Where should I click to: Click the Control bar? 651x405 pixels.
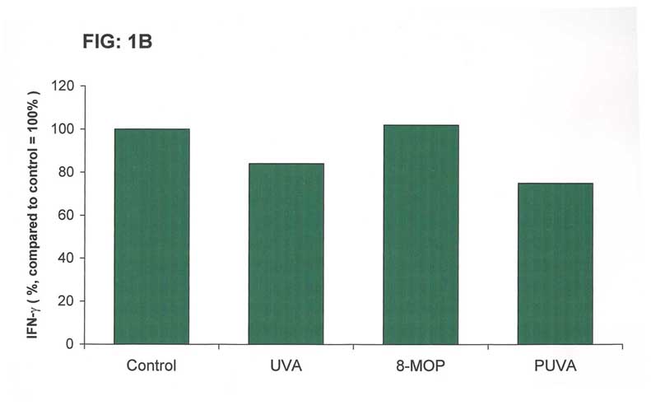151,236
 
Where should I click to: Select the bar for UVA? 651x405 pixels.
286,254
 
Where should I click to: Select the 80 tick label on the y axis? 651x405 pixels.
67,172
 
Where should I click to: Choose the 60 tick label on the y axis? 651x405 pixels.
67,215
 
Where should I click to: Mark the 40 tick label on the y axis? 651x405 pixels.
67,258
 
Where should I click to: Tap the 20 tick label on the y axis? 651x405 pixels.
67,300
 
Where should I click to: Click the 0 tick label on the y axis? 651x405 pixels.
70,344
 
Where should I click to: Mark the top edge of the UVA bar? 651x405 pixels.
286,164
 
